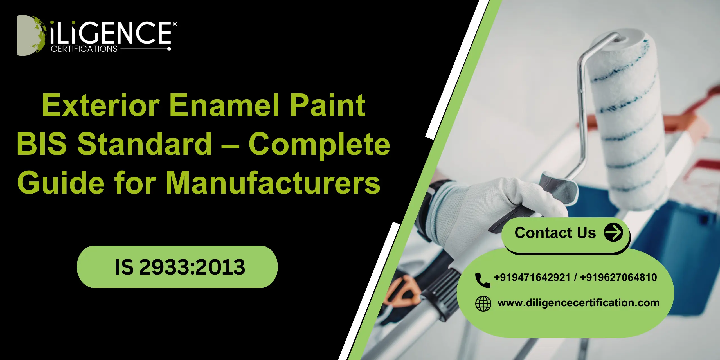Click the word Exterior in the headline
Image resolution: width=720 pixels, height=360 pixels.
pyautogui.click(x=101, y=105)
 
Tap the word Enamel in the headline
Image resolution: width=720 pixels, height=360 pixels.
pyautogui.click(x=224, y=105)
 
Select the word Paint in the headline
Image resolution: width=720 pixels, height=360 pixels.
pyautogui.click(x=328, y=105)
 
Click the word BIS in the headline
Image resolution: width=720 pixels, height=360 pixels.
pyautogui.click(x=42, y=144)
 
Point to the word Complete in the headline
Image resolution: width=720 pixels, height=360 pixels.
pyautogui.click(x=319, y=144)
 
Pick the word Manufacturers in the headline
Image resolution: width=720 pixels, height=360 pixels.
pyautogui.click(x=273, y=183)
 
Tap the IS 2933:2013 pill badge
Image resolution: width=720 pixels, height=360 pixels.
pyautogui.click(x=177, y=267)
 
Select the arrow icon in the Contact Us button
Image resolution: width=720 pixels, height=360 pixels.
pyautogui.click(x=613, y=232)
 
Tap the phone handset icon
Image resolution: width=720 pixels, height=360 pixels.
pyautogui.click(x=482, y=280)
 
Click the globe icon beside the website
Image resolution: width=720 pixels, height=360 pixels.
pyautogui.click(x=483, y=303)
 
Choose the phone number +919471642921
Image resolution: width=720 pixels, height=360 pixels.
pyautogui.click(x=532, y=278)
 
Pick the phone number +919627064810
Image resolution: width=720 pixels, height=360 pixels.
pyautogui.click(x=618, y=278)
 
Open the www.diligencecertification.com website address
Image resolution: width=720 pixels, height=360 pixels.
pyautogui.click(x=578, y=303)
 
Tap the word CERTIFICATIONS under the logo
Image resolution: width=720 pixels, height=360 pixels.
pyautogui.click(x=84, y=49)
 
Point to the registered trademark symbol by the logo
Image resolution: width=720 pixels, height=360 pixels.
pyautogui.click(x=175, y=24)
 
